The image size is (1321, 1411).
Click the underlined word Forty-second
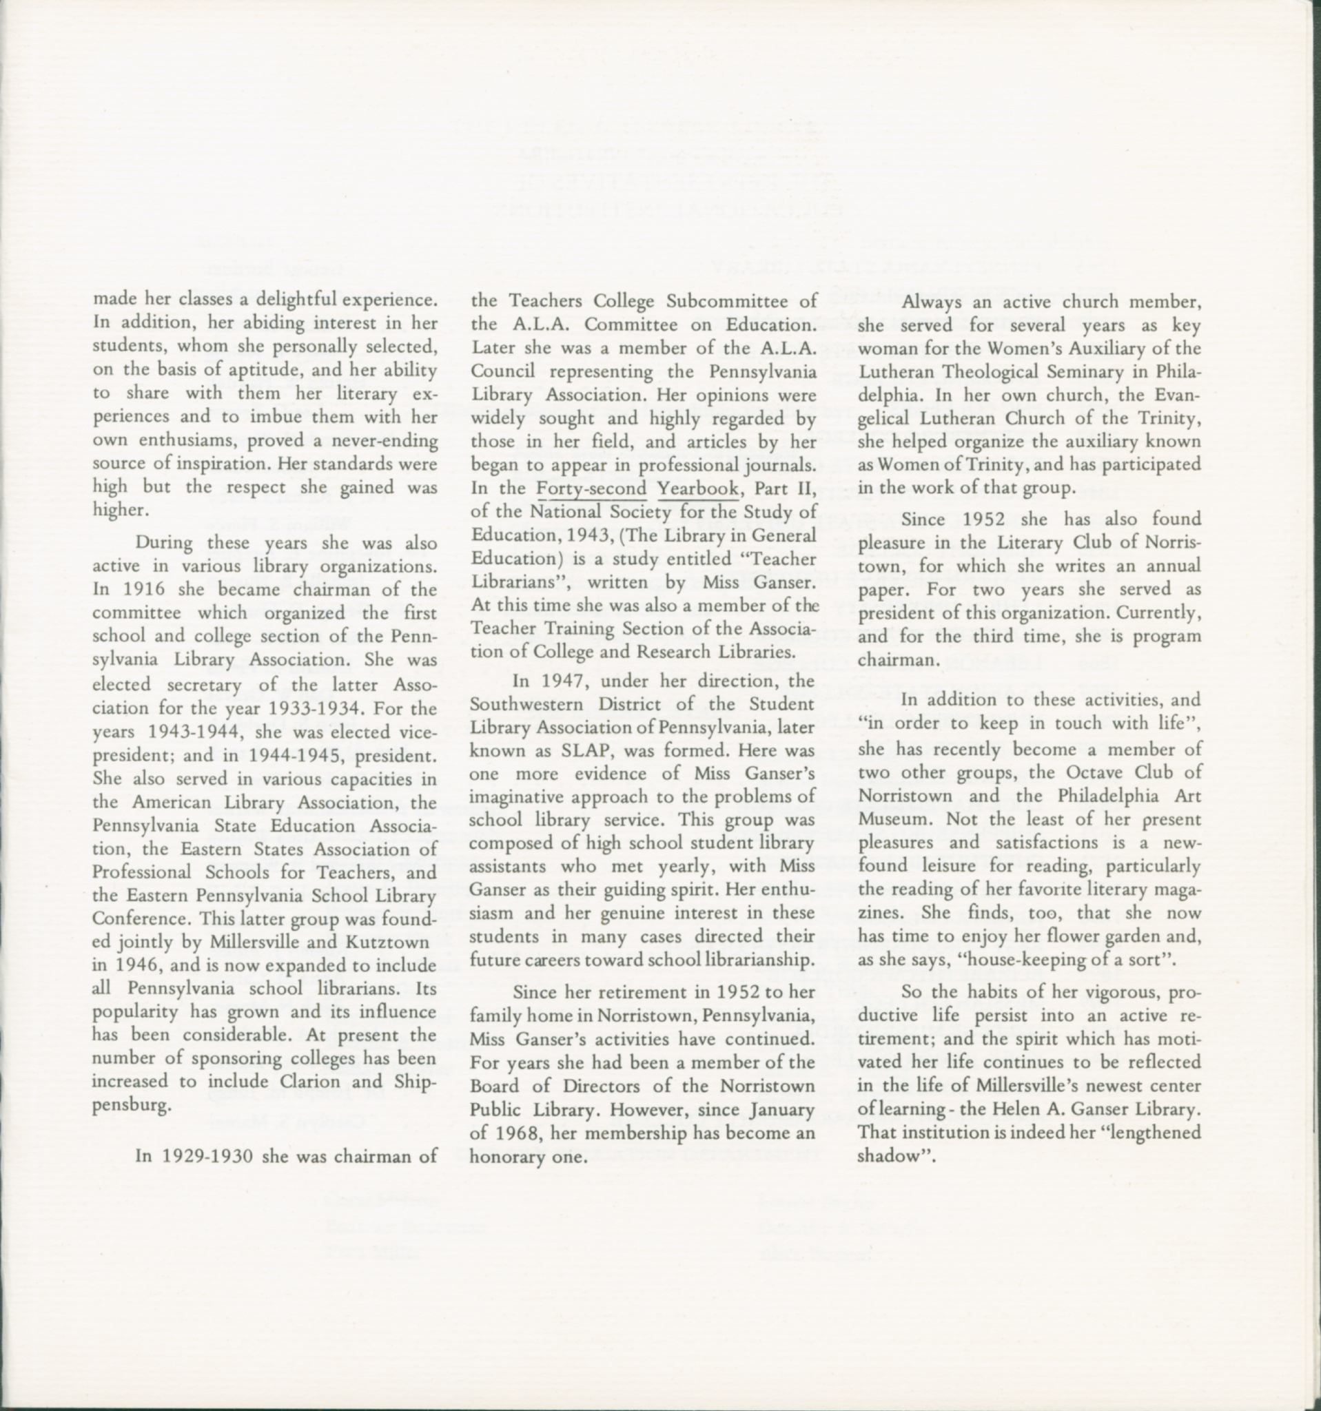click(x=591, y=489)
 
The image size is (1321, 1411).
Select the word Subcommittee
click(x=733, y=301)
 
